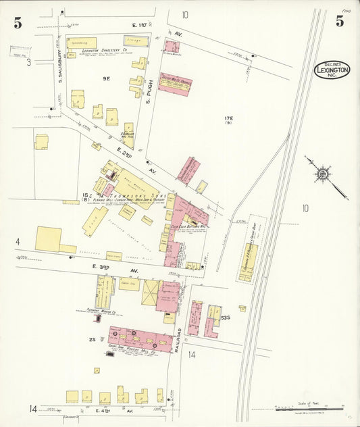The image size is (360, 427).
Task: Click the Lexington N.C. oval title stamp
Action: click(x=332, y=70)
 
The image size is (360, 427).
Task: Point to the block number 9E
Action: click(x=106, y=79)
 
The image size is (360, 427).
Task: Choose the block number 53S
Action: click(x=225, y=317)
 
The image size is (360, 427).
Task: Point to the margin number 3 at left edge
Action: click(x=28, y=63)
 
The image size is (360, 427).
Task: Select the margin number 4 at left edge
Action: click(x=18, y=241)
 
